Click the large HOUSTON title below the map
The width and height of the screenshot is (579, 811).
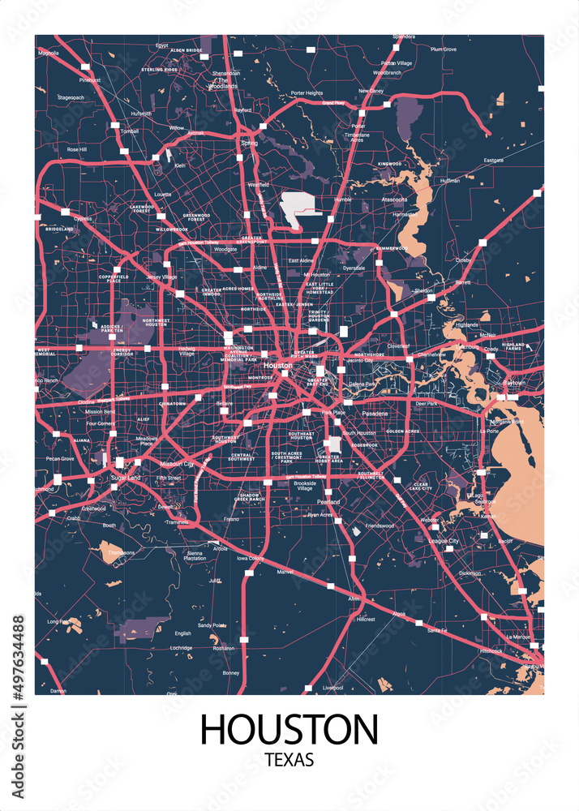click(x=289, y=728)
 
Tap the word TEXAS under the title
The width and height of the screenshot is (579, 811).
click(x=289, y=762)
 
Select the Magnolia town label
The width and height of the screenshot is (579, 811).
click(x=49, y=53)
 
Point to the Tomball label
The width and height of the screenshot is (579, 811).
click(x=130, y=131)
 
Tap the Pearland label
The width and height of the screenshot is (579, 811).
click(x=328, y=502)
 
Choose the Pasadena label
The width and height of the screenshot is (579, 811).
click(x=375, y=414)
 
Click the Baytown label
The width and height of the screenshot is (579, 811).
click(x=514, y=382)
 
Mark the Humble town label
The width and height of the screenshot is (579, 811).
click(x=342, y=199)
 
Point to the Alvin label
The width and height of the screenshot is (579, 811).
click(x=354, y=598)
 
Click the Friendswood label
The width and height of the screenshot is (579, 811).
click(x=379, y=526)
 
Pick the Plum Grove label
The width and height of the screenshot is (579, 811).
click(x=444, y=49)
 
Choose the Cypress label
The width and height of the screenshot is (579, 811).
click(x=82, y=218)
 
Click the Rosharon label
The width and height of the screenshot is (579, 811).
click(x=222, y=648)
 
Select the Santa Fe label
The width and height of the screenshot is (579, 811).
click(x=437, y=630)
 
